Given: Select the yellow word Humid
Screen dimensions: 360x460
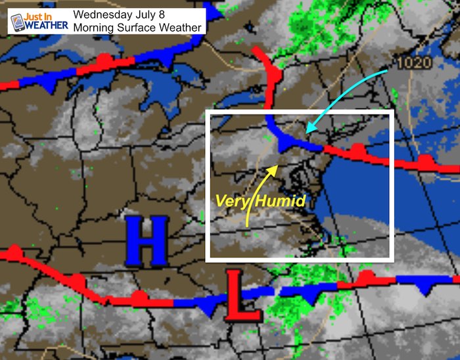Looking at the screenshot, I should (281, 201).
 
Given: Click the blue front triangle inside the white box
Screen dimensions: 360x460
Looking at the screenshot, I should (285, 143).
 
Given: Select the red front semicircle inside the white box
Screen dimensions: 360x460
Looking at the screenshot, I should (357, 150).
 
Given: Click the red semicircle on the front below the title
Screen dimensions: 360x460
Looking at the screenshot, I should (103, 59).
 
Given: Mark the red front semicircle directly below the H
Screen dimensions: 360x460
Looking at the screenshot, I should (139, 296).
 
